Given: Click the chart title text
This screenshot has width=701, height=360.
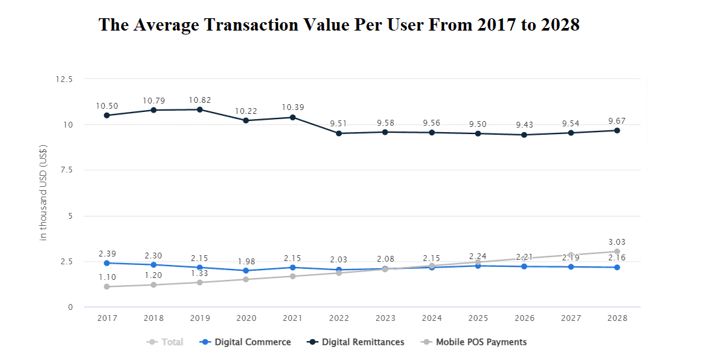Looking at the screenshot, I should [338, 25].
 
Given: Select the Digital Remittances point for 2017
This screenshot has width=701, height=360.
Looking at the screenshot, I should [107, 115].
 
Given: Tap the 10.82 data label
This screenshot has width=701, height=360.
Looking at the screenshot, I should [199, 100].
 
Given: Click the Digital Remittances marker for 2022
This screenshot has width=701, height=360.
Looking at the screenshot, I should [338, 133].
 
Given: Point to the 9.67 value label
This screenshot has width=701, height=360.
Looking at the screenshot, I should [616, 120].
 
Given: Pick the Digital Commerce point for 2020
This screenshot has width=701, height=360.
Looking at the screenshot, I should [246, 271].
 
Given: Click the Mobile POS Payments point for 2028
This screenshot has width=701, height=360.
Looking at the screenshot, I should [617, 251].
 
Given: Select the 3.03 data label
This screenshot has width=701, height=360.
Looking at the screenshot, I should [616, 242].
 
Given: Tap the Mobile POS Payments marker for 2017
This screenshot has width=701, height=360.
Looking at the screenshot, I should [107, 286].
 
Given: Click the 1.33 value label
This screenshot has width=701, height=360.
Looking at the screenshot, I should [199, 273].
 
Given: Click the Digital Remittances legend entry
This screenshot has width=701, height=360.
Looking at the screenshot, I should [363, 342].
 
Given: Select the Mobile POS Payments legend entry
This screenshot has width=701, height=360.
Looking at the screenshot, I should [481, 342].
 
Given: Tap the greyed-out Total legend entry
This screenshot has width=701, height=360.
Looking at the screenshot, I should [172, 342].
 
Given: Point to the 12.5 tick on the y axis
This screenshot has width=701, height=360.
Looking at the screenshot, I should [64, 79].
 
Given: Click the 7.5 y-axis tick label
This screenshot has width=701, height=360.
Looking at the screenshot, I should [66, 170].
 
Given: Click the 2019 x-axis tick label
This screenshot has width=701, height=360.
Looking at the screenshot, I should [199, 318].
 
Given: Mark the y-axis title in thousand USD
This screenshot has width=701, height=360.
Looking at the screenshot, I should [44, 193].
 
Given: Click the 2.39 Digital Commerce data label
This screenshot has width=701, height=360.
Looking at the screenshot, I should [107, 253].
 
